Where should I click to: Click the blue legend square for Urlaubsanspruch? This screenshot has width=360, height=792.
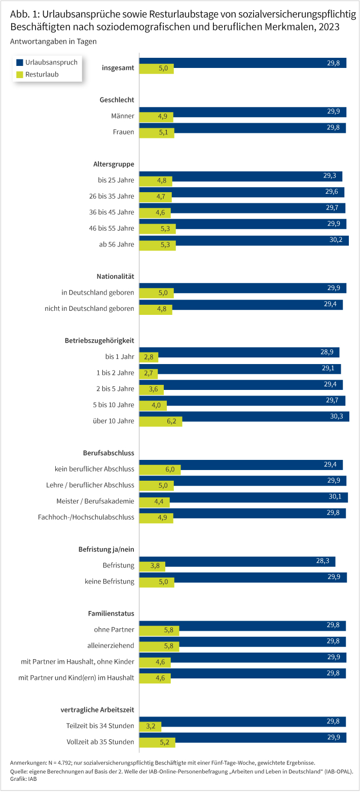click(x=20, y=62)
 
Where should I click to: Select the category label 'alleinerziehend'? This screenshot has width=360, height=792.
click(x=111, y=645)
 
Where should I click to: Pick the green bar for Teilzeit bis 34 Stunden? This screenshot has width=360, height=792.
click(x=150, y=726)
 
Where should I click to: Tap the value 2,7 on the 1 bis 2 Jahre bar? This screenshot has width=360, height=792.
click(x=149, y=373)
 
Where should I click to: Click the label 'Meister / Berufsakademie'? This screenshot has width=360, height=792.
click(x=95, y=501)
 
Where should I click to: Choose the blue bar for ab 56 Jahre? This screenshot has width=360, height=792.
click(x=243, y=240)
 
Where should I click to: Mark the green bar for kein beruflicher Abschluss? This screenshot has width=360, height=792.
click(x=160, y=470)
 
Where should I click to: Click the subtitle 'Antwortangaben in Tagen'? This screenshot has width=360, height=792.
click(x=53, y=41)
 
